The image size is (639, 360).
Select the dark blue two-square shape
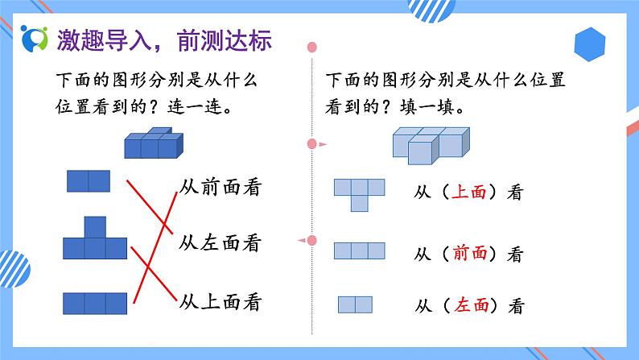(89, 181)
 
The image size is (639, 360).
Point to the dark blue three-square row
(95, 303)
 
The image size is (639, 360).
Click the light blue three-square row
(361, 250)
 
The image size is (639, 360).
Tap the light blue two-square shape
(355, 304)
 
